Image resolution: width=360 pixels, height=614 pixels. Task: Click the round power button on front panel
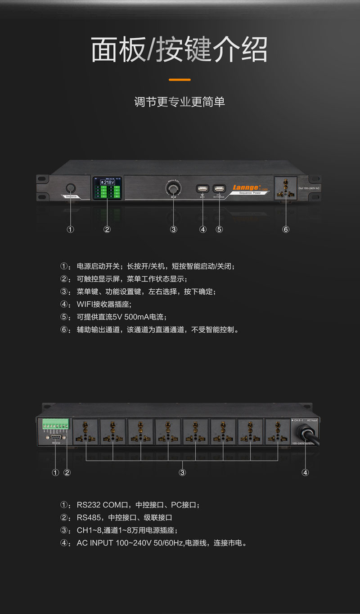click(71, 188)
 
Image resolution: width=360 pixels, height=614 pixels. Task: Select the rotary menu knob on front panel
click(174, 188)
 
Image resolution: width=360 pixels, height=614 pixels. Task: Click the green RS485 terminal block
click(55, 424)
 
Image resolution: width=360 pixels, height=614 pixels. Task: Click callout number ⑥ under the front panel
click(286, 229)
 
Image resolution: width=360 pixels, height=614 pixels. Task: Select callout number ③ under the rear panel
click(182, 472)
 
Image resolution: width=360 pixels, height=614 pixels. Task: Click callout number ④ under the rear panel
click(306, 472)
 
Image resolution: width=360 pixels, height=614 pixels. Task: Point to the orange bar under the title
click(180, 80)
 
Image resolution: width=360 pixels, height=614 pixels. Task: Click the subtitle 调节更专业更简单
click(180, 102)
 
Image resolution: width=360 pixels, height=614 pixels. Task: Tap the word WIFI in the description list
click(85, 304)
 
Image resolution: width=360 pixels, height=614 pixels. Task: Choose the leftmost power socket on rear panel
click(85, 432)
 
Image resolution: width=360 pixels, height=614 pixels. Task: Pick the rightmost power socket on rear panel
click(277, 432)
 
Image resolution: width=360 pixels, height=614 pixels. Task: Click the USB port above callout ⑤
click(219, 188)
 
